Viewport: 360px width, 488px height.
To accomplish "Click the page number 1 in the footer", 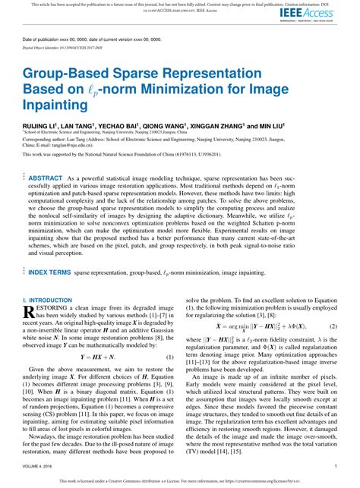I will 335,467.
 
